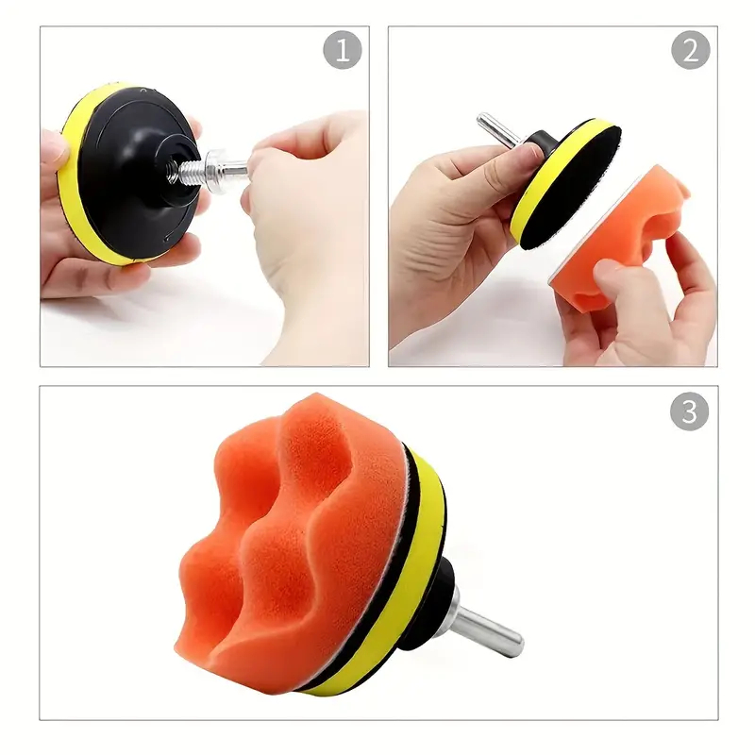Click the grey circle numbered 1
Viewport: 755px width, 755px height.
(343, 50)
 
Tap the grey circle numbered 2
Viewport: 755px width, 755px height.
(691, 50)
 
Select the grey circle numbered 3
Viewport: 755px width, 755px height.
(690, 411)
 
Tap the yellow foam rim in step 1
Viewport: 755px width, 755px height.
(77, 178)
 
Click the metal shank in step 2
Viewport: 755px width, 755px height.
(498, 129)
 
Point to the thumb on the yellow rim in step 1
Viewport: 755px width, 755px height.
(54, 144)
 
